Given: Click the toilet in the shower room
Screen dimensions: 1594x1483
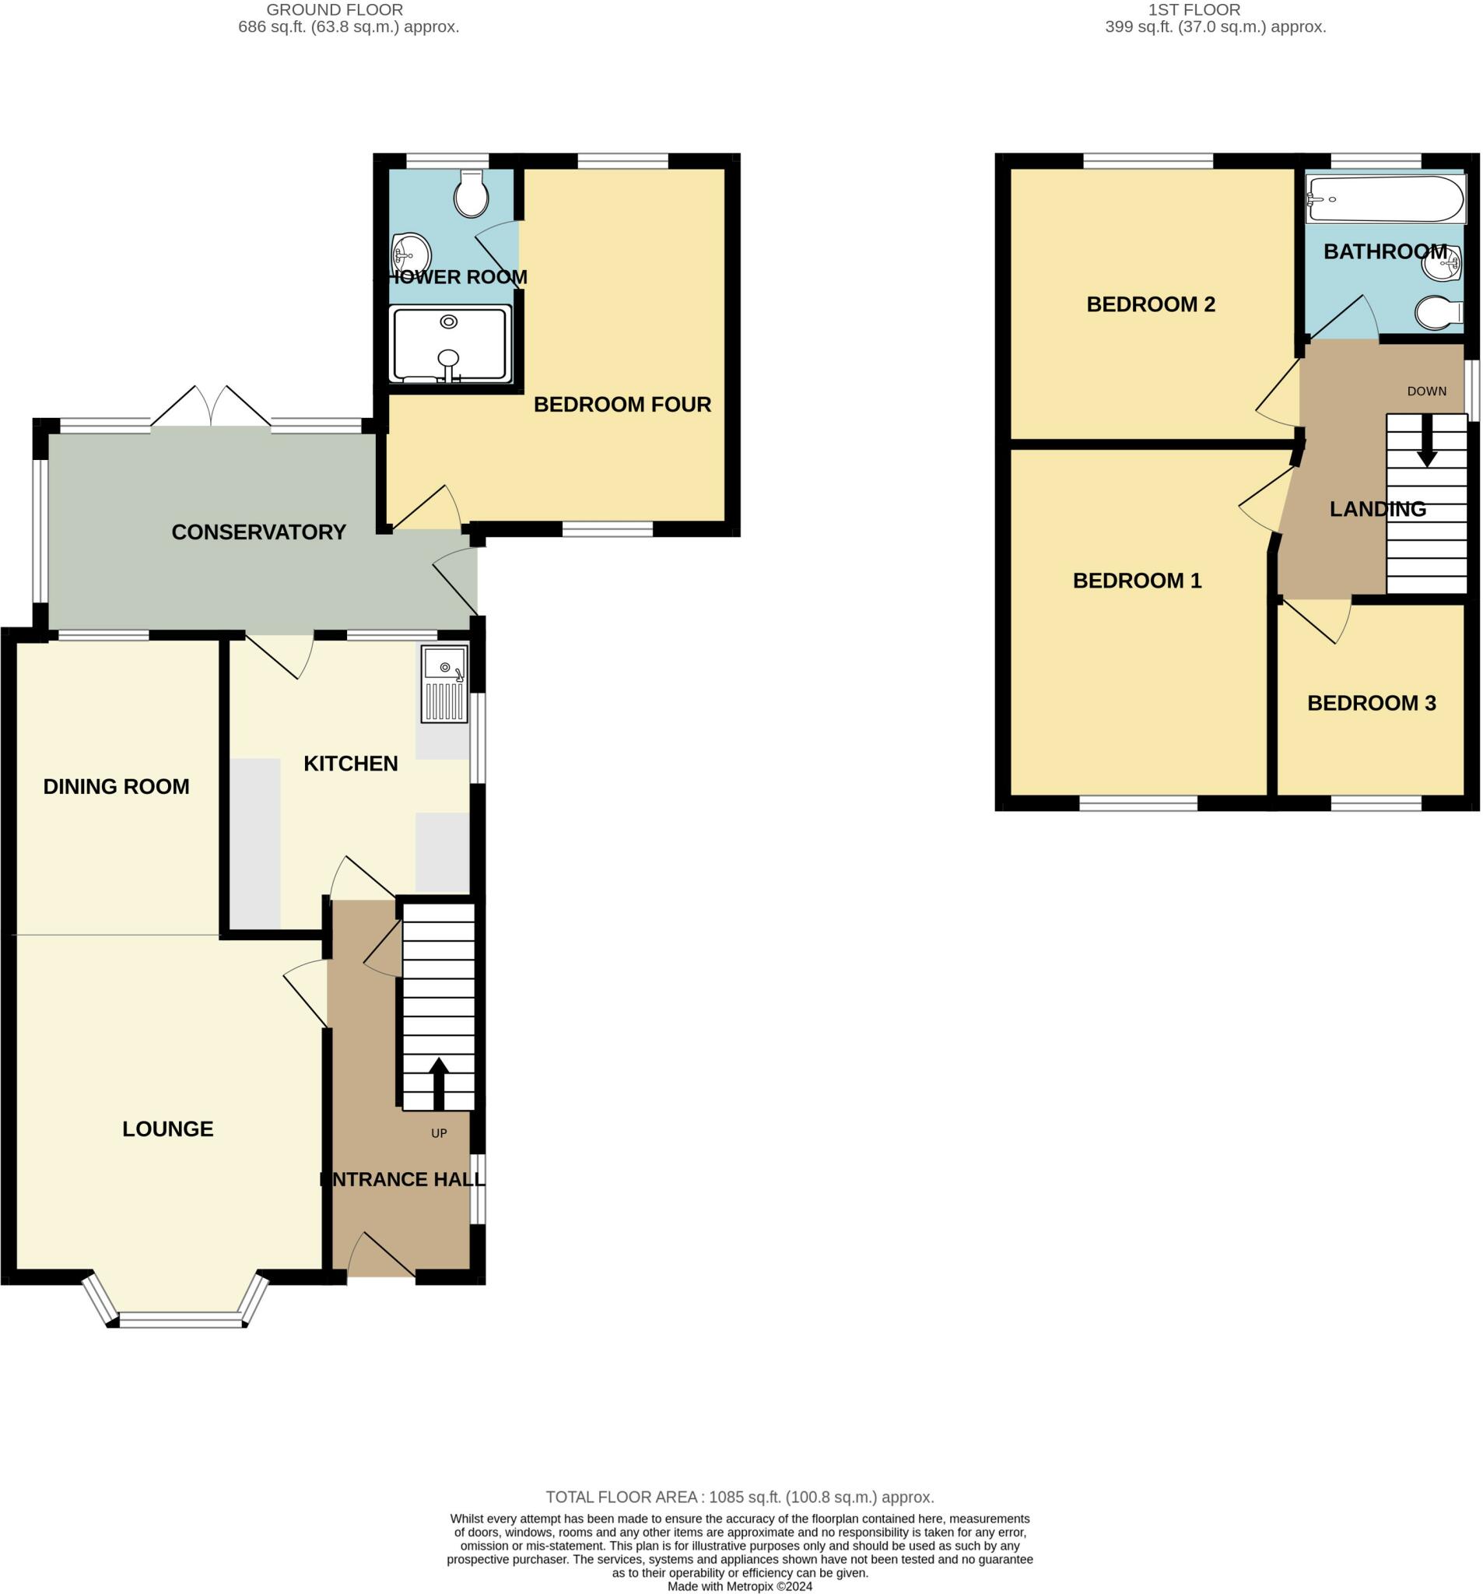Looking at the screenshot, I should pyautogui.click(x=472, y=193).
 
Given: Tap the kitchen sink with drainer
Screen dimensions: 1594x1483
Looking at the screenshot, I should pyautogui.click(x=444, y=684).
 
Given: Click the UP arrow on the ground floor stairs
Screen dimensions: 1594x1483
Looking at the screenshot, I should pyautogui.click(x=439, y=1084).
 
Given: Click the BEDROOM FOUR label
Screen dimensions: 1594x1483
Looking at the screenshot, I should pyautogui.click(x=622, y=404).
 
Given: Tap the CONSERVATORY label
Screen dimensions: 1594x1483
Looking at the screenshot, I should pyautogui.click(x=258, y=532).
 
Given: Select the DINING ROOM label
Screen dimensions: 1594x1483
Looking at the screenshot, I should pyautogui.click(x=116, y=787).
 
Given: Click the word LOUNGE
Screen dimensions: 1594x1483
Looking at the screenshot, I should pyautogui.click(x=167, y=1129).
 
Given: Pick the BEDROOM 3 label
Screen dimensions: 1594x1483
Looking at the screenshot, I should pyautogui.click(x=1372, y=703).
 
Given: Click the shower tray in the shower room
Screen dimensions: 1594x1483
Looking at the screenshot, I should pyautogui.click(x=450, y=345).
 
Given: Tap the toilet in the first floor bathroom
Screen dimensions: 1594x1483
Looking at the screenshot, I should pyautogui.click(x=1438, y=313).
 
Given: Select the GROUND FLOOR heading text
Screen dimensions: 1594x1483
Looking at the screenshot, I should pyautogui.click(x=335, y=9).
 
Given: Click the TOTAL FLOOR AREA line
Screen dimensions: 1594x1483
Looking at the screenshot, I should pyautogui.click(x=739, y=1497).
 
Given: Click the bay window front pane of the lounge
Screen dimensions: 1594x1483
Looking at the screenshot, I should pyautogui.click(x=180, y=1319).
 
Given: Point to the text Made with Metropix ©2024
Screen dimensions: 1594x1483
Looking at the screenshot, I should pyautogui.click(x=739, y=1586).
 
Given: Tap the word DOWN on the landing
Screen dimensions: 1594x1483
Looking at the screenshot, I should pyautogui.click(x=1427, y=391).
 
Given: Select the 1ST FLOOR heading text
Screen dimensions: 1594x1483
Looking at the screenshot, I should pyautogui.click(x=1194, y=9).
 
